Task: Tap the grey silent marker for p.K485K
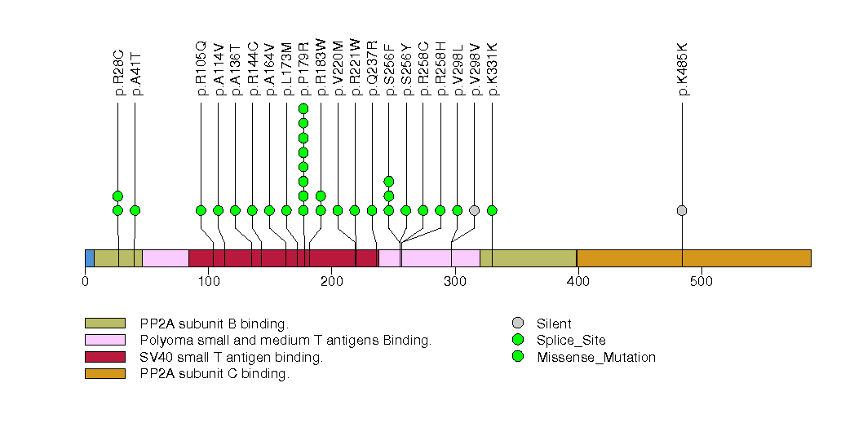tap(682, 210)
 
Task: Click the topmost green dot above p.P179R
tap(303, 109)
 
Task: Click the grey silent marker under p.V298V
tap(475, 210)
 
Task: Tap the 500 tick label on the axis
tap(701, 282)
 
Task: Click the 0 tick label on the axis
tap(86, 282)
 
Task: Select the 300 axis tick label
tap(454, 282)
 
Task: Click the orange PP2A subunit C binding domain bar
tap(693, 258)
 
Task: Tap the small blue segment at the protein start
tap(90, 258)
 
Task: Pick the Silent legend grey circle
tap(518, 324)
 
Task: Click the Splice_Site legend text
tap(571, 341)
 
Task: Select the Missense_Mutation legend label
tap(596, 357)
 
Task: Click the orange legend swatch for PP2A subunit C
tap(104, 373)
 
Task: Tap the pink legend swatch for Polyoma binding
tap(104, 340)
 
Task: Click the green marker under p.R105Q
tap(201, 210)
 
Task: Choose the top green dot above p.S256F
tap(389, 181)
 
